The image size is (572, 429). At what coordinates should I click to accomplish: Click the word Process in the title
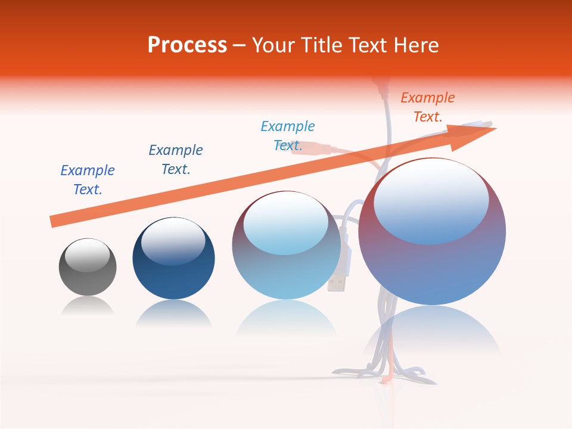(187, 45)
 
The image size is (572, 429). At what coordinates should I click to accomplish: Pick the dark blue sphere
(173, 274)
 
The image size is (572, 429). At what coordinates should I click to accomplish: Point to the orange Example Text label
(427, 107)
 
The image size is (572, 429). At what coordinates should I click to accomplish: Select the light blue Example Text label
(287, 136)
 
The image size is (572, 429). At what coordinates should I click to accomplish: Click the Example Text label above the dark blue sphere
(175, 160)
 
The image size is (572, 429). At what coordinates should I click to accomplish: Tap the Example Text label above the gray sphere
(87, 180)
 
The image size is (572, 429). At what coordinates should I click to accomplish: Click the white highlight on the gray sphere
(88, 254)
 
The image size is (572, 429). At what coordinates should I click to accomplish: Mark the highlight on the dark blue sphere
(173, 241)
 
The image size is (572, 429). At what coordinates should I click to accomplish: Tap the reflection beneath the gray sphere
(88, 306)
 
